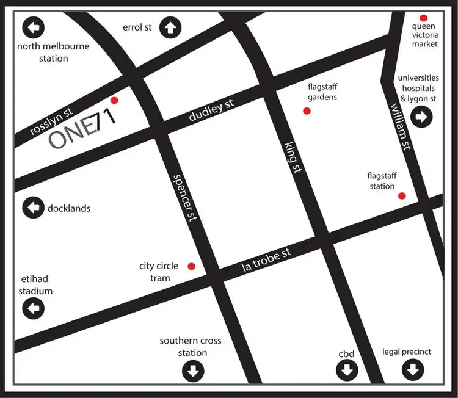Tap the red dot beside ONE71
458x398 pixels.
tap(114, 101)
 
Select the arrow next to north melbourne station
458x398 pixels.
tap(33, 27)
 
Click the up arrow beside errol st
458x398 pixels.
tap(169, 27)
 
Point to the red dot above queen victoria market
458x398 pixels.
tap(423, 18)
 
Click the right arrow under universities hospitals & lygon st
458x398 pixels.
tap(421, 116)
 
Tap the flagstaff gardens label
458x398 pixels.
tap(322, 92)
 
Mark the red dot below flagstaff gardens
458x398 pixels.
tap(307, 110)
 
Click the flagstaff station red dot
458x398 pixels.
tap(402, 196)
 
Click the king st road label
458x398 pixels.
tap(293, 156)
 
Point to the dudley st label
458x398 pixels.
tap(211, 112)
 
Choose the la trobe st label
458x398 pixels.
tap(266, 260)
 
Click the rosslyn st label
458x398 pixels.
tap(51, 122)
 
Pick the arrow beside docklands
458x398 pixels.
tap(33, 208)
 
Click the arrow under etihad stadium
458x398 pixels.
tap(33, 308)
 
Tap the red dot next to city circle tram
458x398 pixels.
tap(191, 266)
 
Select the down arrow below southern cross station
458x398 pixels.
tap(193, 370)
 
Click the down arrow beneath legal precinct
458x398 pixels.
tap(412, 369)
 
